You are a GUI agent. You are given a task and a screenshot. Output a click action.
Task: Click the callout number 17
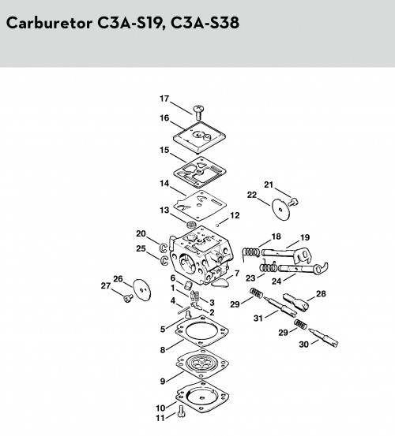click(164, 99)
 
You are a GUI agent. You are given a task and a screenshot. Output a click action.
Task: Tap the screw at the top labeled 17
click(198, 112)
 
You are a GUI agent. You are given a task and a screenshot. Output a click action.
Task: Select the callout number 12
click(235, 215)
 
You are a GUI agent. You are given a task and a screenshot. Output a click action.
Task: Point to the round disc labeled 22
click(280, 210)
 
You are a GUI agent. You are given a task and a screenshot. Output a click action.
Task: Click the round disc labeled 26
click(142, 290)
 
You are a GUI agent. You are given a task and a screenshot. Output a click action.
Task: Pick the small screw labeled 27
click(128, 298)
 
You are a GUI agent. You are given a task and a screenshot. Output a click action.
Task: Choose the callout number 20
click(141, 233)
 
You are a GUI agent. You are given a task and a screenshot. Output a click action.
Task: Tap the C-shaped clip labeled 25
click(164, 260)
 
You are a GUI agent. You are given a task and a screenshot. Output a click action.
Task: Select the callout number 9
click(163, 382)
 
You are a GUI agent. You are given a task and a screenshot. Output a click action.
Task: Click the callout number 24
click(276, 281)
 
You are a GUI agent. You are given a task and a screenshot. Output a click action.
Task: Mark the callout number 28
click(321, 293)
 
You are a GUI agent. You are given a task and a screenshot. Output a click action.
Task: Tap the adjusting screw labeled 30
click(323, 337)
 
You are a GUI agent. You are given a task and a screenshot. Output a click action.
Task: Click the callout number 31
click(258, 318)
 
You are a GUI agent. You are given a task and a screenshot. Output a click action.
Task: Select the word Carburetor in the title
click(49, 23)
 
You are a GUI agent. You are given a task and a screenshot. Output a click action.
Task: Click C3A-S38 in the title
click(205, 23)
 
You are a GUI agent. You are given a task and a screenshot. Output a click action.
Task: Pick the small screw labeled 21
click(293, 202)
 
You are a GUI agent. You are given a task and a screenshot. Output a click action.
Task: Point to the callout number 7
click(237, 274)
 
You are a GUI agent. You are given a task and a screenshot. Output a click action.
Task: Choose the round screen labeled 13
click(191, 224)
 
